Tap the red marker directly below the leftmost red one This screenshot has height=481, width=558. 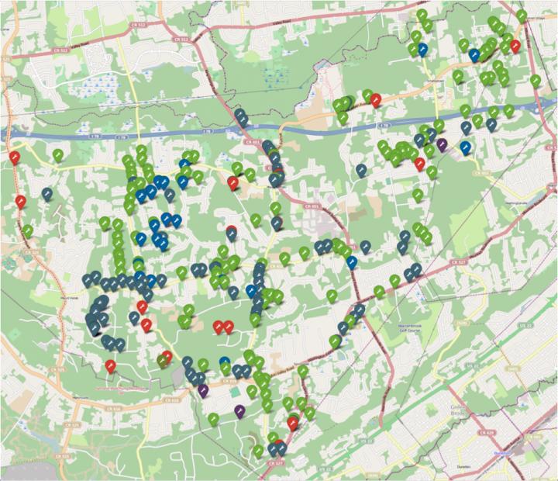click(21, 202)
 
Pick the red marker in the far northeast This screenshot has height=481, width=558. click(515, 46)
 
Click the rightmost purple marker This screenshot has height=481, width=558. click(442, 144)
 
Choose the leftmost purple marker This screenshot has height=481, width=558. click(202, 390)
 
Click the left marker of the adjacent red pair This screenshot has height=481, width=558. click(219, 327)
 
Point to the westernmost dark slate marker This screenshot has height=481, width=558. click(47, 194)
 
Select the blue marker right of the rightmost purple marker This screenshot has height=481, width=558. click(465, 147)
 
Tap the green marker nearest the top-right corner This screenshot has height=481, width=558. click(522, 15)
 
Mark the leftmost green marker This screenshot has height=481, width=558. click(28, 230)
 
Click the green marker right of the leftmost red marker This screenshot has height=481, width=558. click(58, 155)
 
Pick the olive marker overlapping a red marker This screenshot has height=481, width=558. click(162, 359)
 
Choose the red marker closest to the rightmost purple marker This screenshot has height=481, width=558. click(419, 164)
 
